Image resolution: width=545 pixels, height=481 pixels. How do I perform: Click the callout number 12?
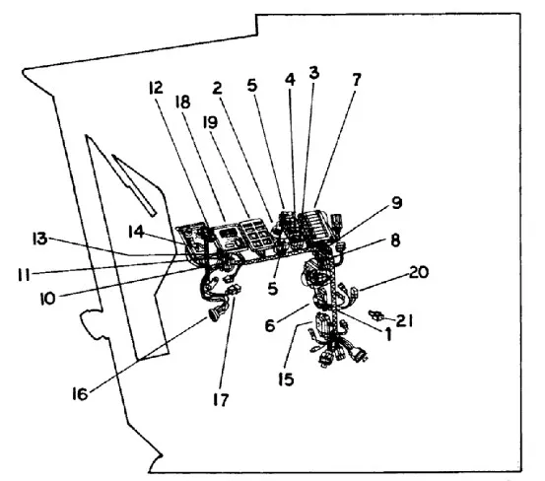(156, 88)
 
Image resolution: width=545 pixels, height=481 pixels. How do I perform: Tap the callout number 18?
(183, 103)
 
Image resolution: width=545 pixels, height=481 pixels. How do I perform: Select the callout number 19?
(210, 122)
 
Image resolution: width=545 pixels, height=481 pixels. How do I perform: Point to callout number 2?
(217, 89)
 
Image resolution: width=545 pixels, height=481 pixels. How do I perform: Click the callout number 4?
(290, 80)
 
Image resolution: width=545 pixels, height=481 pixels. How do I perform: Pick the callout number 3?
(313, 73)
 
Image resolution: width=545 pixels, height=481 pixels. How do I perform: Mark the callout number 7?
(356, 80)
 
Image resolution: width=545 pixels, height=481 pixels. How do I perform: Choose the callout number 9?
(396, 203)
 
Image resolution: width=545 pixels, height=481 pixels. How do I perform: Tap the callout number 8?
(395, 240)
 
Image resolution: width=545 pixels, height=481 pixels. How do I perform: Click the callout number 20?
(419, 272)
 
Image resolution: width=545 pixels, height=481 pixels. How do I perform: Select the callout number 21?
(405, 321)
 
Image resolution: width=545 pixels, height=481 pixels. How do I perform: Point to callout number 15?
(286, 379)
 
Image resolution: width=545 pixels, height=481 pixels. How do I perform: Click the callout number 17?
(221, 400)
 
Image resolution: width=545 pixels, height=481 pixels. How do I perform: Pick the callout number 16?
(80, 394)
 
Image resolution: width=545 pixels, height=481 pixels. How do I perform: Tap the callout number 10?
(47, 299)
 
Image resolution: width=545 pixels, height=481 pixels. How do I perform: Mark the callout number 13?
(39, 240)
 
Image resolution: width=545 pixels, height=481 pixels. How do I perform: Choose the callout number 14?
(136, 232)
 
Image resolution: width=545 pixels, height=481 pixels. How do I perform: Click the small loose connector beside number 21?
(376, 315)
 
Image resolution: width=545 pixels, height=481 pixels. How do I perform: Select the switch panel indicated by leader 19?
(257, 234)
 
